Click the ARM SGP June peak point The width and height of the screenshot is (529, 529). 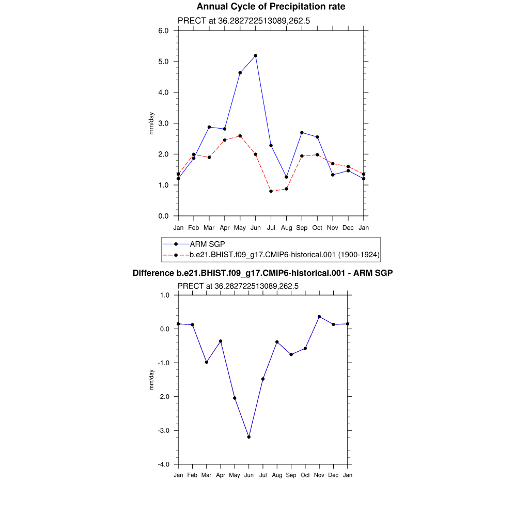point(255,56)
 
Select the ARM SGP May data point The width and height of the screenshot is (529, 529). point(240,73)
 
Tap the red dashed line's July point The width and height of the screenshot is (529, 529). point(271,191)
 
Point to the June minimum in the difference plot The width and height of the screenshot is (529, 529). point(249,437)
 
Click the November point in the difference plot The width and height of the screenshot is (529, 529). point(319,317)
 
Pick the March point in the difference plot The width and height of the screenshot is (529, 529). point(207,362)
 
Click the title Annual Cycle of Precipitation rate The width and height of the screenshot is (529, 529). point(271,7)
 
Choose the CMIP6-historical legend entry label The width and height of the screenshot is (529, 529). point(285,255)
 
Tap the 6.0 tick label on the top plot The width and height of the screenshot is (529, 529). point(164,30)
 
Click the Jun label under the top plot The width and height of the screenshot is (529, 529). point(255,227)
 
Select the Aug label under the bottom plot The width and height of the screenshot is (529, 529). point(277,475)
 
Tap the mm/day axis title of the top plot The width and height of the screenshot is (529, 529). point(151,123)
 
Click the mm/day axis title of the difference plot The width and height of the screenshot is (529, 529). point(151,380)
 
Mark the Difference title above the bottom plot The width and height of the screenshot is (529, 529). point(263,273)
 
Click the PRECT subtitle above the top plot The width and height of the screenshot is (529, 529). point(243,21)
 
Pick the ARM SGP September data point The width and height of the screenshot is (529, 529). point(302,133)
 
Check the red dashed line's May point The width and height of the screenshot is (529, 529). point(240,136)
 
